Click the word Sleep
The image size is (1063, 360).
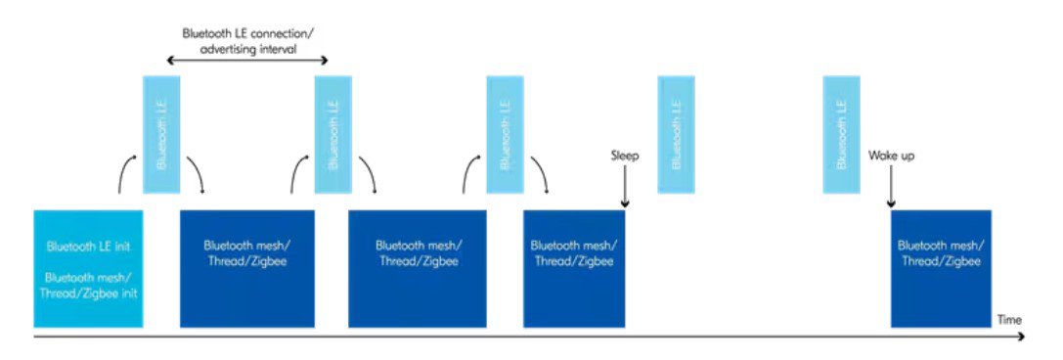click(624, 156)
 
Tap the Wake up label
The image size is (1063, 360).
click(891, 156)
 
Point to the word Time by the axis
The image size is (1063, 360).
click(1008, 320)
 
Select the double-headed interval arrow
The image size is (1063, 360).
click(245, 62)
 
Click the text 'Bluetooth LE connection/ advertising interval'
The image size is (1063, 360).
click(247, 39)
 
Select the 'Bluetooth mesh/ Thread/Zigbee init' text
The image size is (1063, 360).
click(88, 284)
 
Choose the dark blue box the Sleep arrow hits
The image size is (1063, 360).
click(573, 268)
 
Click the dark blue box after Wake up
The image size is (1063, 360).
click(941, 268)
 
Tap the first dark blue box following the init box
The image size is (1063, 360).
click(246, 268)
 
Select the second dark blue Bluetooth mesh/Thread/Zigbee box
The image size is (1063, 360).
click(418, 268)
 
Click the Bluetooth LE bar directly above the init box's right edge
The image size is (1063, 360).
click(161, 133)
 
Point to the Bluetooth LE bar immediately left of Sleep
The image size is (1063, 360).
click(505, 133)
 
